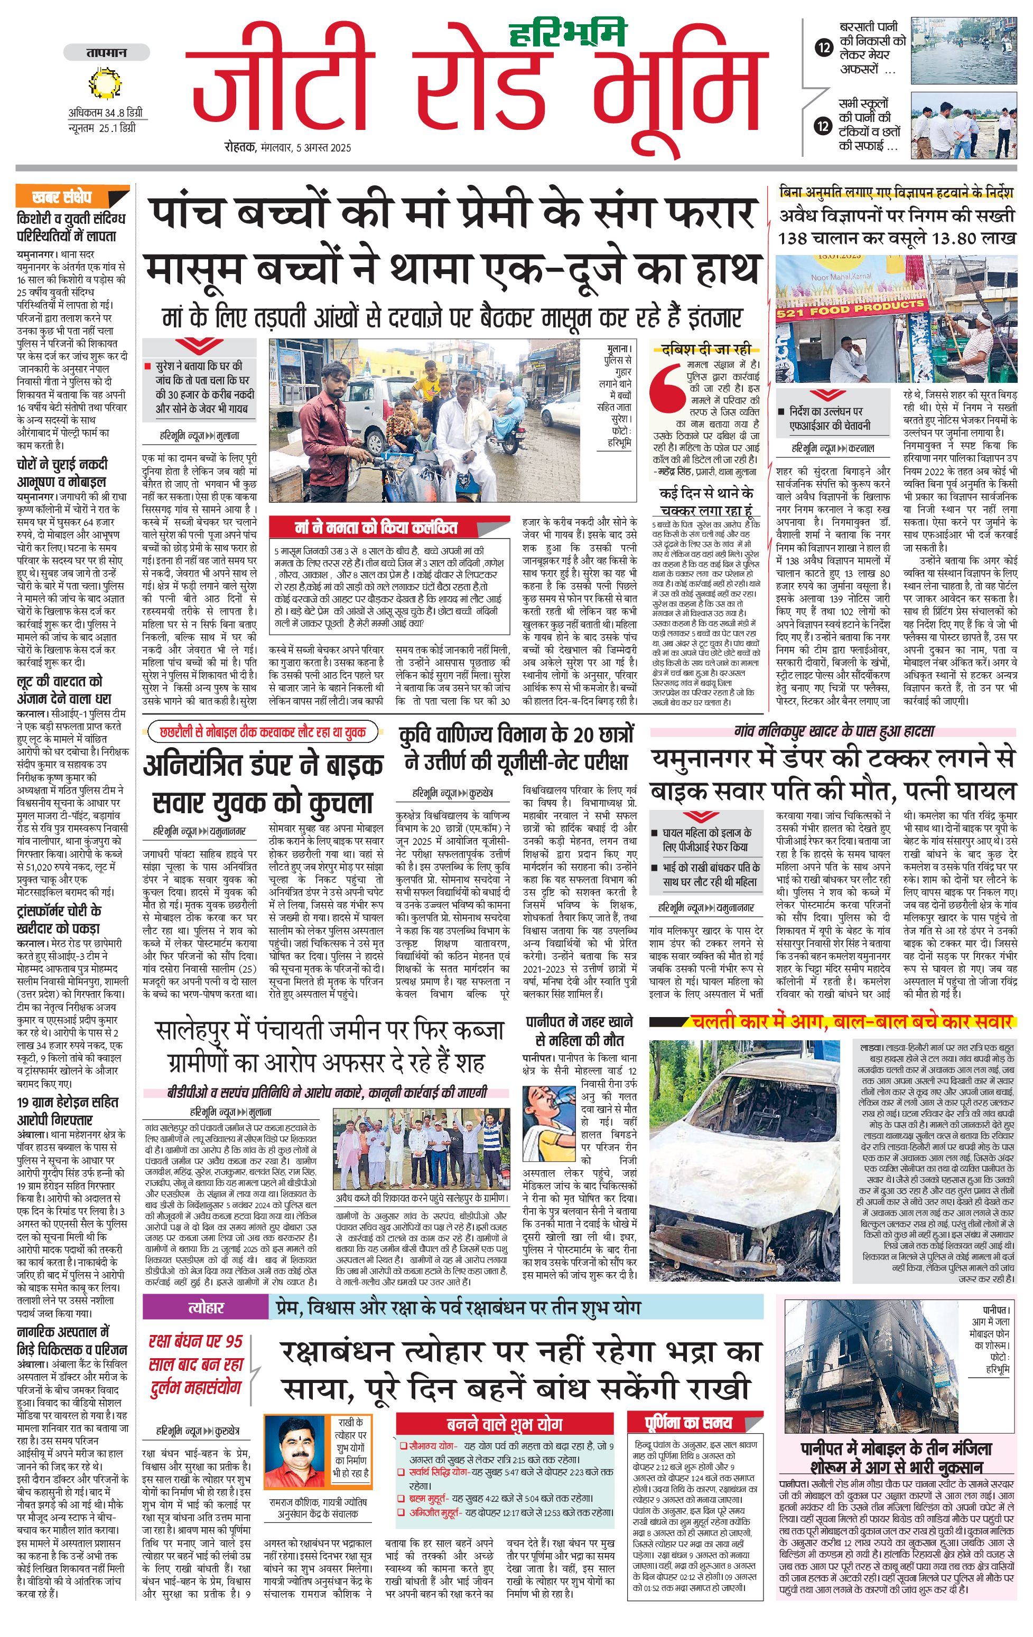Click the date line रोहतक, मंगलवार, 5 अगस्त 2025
click(289, 147)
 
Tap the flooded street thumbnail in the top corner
click(963, 51)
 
